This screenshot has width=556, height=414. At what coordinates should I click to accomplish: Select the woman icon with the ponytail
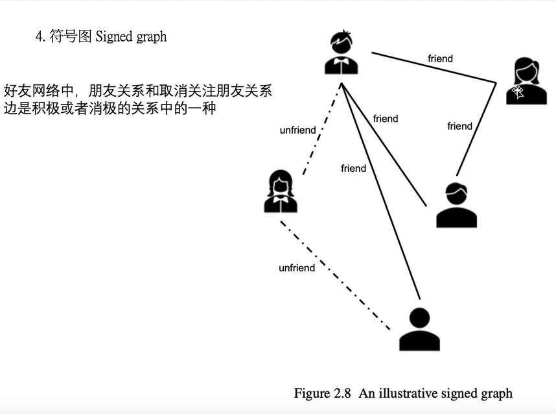coord(526,81)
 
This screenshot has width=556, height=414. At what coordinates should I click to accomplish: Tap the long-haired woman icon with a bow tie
coord(281,191)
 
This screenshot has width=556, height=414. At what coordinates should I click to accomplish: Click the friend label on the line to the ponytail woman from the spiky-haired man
coord(440,59)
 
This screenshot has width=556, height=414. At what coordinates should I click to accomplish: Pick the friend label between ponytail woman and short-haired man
coord(459,126)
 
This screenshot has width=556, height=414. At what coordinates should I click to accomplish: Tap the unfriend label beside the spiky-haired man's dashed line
coord(297,130)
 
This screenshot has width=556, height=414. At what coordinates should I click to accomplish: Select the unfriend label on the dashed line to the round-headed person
coord(297,268)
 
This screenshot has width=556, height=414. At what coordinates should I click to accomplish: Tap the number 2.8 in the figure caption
coord(342,393)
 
